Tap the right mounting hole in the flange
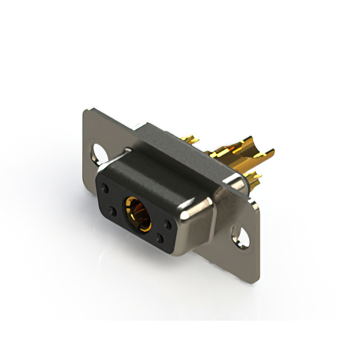[x=242, y=237]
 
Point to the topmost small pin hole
[x=106, y=188]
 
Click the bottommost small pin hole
[x=160, y=239]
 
